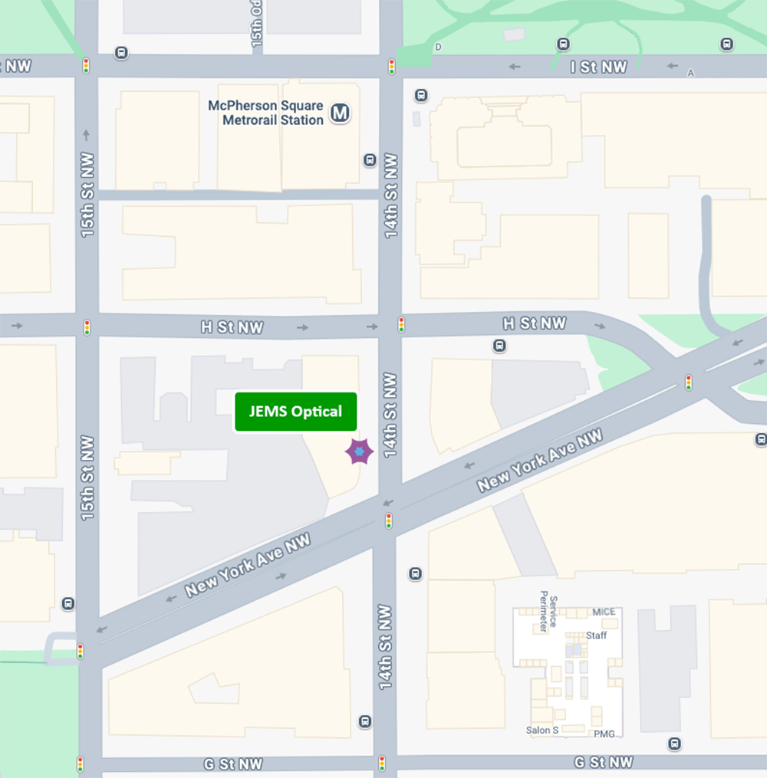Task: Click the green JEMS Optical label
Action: pos(295,412)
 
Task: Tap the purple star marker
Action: pos(359,451)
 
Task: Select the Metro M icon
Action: pos(340,114)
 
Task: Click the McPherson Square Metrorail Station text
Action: pos(266,113)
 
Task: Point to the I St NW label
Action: pos(598,67)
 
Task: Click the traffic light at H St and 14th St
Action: pos(400,324)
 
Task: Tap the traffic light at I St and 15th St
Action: pos(86,66)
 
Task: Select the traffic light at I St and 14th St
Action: pos(391,67)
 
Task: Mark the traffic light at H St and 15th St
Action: pos(87,327)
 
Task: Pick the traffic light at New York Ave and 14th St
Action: pos(389,521)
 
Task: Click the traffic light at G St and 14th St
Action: pos(382,763)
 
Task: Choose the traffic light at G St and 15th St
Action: pos(80,764)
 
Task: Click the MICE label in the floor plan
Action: pos(604,612)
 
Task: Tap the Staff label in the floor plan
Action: pos(596,635)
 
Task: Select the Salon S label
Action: pos(542,730)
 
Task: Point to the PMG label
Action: pos(604,734)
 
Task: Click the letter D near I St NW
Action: pos(439,48)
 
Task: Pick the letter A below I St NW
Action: pos(691,74)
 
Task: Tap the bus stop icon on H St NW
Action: pos(499,346)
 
